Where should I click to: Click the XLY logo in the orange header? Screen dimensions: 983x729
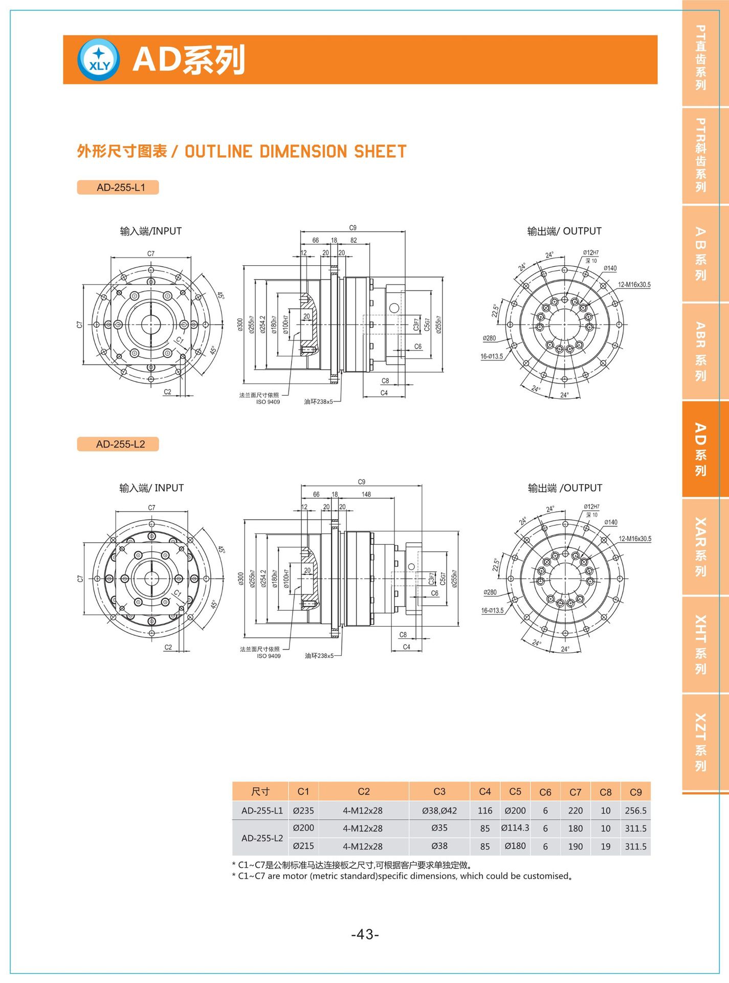pyautogui.click(x=99, y=60)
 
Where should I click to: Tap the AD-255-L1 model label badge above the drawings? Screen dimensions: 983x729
pyautogui.click(x=118, y=187)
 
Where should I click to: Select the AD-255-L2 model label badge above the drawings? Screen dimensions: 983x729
pyautogui.click(x=118, y=444)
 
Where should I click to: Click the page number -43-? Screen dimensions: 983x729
pyautogui.click(x=365, y=934)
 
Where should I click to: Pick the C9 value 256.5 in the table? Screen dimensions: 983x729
pyautogui.click(x=635, y=810)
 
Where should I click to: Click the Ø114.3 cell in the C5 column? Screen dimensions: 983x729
pyautogui.click(x=515, y=828)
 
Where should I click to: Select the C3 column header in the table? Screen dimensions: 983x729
pyautogui.click(x=439, y=792)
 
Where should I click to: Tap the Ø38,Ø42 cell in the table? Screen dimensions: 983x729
pyautogui.click(x=439, y=810)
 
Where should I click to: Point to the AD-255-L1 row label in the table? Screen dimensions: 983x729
pyautogui.click(x=262, y=810)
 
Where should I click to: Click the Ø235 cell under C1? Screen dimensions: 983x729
pyautogui.click(x=303, y=810)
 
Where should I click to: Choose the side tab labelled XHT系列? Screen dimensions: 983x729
pyautogui.click(x=700, y=645)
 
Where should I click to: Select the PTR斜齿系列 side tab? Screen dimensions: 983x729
pyautogui.click(x=700, y=155)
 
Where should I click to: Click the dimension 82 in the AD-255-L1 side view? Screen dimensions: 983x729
pyautogui.click(x=354, y=240)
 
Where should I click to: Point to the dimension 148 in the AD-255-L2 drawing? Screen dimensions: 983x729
pyautogui.click(x=366, y=494)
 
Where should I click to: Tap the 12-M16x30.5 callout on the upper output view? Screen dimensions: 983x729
pyautogui.click(x=634, y=285)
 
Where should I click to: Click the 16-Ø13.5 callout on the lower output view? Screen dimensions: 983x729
pyautogui.click(x=492, y=610)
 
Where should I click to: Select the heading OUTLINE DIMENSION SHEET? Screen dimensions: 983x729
pyautogui.click(x=295, y=152)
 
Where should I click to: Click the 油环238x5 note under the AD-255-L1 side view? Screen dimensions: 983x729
pyautogui.click(x=318, y=402)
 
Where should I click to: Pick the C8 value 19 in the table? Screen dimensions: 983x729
pyautogui.click(x=605, y=846)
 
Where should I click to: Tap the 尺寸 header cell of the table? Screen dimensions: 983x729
pyautogui.click(x=260, y=792)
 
